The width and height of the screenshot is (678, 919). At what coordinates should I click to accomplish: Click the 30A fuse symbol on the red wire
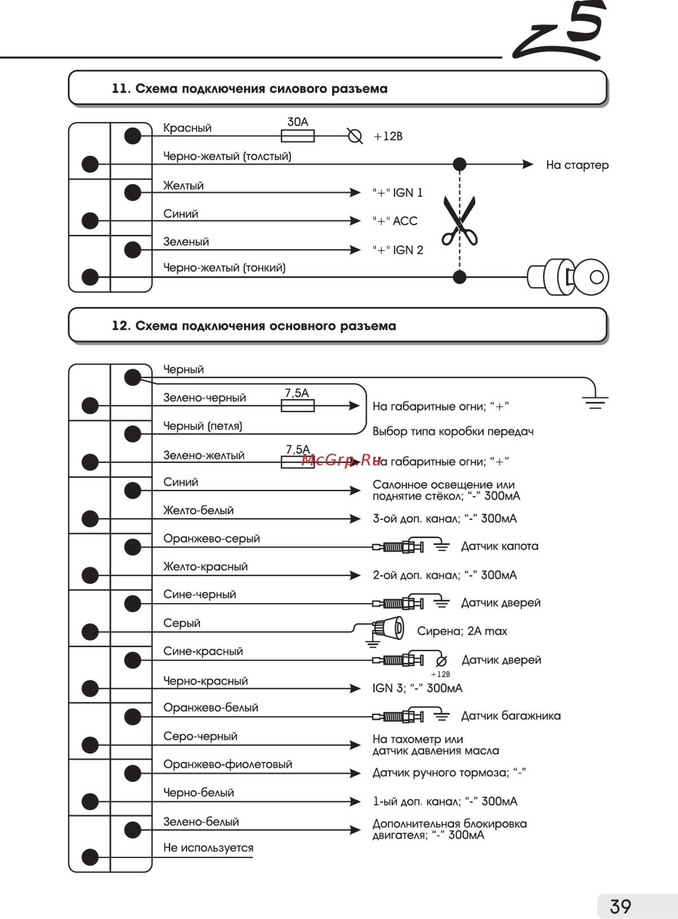(x=297, y=136)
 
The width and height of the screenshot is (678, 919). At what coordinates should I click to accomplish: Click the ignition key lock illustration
(x=568, y=277)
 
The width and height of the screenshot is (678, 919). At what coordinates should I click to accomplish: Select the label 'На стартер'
(x=577, y=165)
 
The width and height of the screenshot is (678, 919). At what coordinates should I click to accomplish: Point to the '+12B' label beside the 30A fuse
(x=388, y=136)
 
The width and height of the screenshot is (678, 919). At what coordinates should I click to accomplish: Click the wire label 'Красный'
(x=187, y=128)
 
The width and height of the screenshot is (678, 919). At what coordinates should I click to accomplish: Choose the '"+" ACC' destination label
(x=395, y=221)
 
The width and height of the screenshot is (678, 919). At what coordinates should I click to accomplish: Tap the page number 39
(x=620, y=906)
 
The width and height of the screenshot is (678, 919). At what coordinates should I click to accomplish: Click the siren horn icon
(x=389, y=628)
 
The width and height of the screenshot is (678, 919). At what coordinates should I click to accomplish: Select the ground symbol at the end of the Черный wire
(x=595, y=402)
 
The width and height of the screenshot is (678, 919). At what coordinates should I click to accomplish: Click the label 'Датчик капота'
(x=499, y=546)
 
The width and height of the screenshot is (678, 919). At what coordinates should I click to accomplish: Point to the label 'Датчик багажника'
(x=511, y=716)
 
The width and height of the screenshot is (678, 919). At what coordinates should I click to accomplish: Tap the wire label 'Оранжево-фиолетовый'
(x=228, y=764)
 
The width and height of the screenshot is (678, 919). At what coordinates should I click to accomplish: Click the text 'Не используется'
(x=208, y=847)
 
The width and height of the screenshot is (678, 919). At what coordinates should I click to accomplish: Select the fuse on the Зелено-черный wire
(x=297, y=405)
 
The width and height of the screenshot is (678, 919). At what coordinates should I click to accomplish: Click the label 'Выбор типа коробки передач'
(x=453, y=431)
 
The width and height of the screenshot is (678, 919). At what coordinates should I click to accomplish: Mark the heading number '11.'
(x=121, y=89)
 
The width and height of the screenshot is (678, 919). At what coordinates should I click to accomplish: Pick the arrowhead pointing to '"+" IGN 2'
(x=355, y=249)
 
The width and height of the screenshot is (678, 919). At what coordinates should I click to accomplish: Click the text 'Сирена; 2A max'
(x=462, y=631)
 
